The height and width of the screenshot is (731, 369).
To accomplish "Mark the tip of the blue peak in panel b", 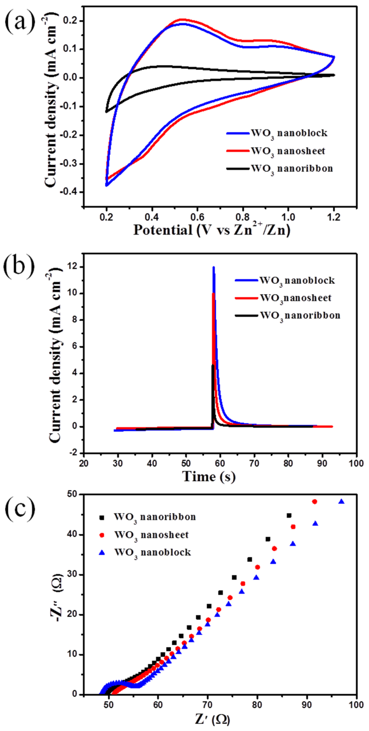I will click(x=214, y=267).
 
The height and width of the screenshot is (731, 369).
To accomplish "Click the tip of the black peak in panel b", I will click(x=212, y=365).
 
